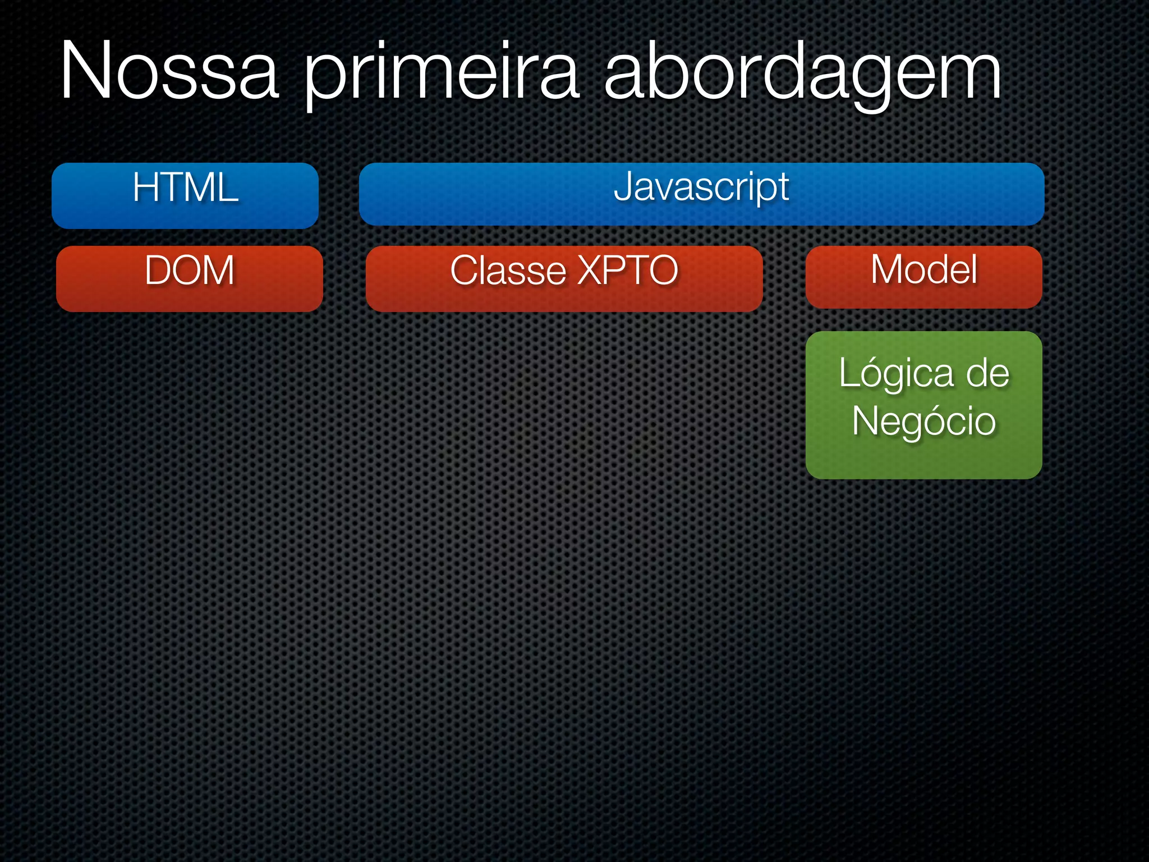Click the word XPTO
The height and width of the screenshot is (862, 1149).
click(628, 270)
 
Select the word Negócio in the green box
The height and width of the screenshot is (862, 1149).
click(923, 422)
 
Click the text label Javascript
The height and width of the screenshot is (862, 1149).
click(701, 186)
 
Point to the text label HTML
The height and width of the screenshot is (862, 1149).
click(185, 187)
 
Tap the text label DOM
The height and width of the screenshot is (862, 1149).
click(190, 270)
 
